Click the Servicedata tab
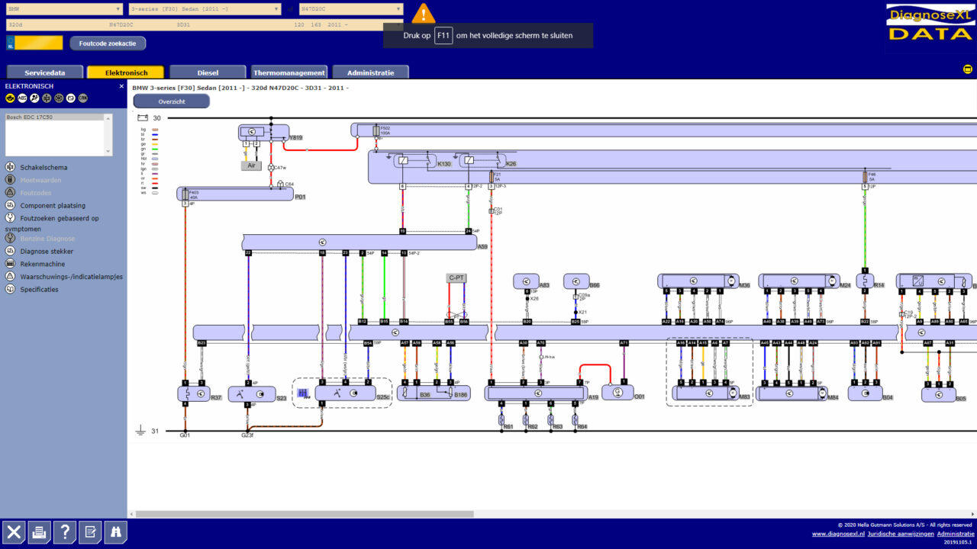pos(44,72)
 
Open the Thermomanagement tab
pos(289,72)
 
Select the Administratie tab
pos(370,72)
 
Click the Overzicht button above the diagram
pos(171,101)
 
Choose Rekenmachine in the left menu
pos(42,264)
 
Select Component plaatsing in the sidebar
pos(53,206)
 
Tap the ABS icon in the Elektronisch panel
pos(22,98)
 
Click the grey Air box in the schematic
pos(251,165)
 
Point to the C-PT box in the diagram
pos(456,278)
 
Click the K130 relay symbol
pos(404,161)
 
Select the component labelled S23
pos(253,394)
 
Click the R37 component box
pos(194,394)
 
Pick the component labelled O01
pos(617,392)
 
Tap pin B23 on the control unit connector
pos(202,344)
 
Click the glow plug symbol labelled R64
pos(575,419)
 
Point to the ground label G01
pos(185,435)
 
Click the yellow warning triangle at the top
pos(423,13)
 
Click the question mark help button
pos(65,532)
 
